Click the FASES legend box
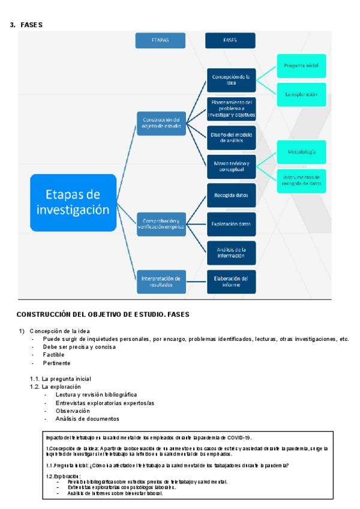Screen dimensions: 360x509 [x=230, y=40]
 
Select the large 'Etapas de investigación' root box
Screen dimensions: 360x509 [x=73, y=202]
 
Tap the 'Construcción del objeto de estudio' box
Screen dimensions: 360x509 [x=161, y=122]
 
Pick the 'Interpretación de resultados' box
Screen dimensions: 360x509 [x=161, y=282]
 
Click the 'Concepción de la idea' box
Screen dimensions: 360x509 [x=232, y=80]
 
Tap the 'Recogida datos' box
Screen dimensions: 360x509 [x=232, y=195]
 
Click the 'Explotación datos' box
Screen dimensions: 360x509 [x=232, y=224]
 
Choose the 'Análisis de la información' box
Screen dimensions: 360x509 [x=232, y=252]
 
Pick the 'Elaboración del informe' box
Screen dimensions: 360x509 [x=232, y=282]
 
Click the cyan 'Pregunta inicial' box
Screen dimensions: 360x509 [x=301, y=65]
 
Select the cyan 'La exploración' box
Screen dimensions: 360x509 [x=301, y=94]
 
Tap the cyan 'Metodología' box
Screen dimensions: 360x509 [x=301, y=152]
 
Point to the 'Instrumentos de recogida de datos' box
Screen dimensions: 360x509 [x=301, y=180]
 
